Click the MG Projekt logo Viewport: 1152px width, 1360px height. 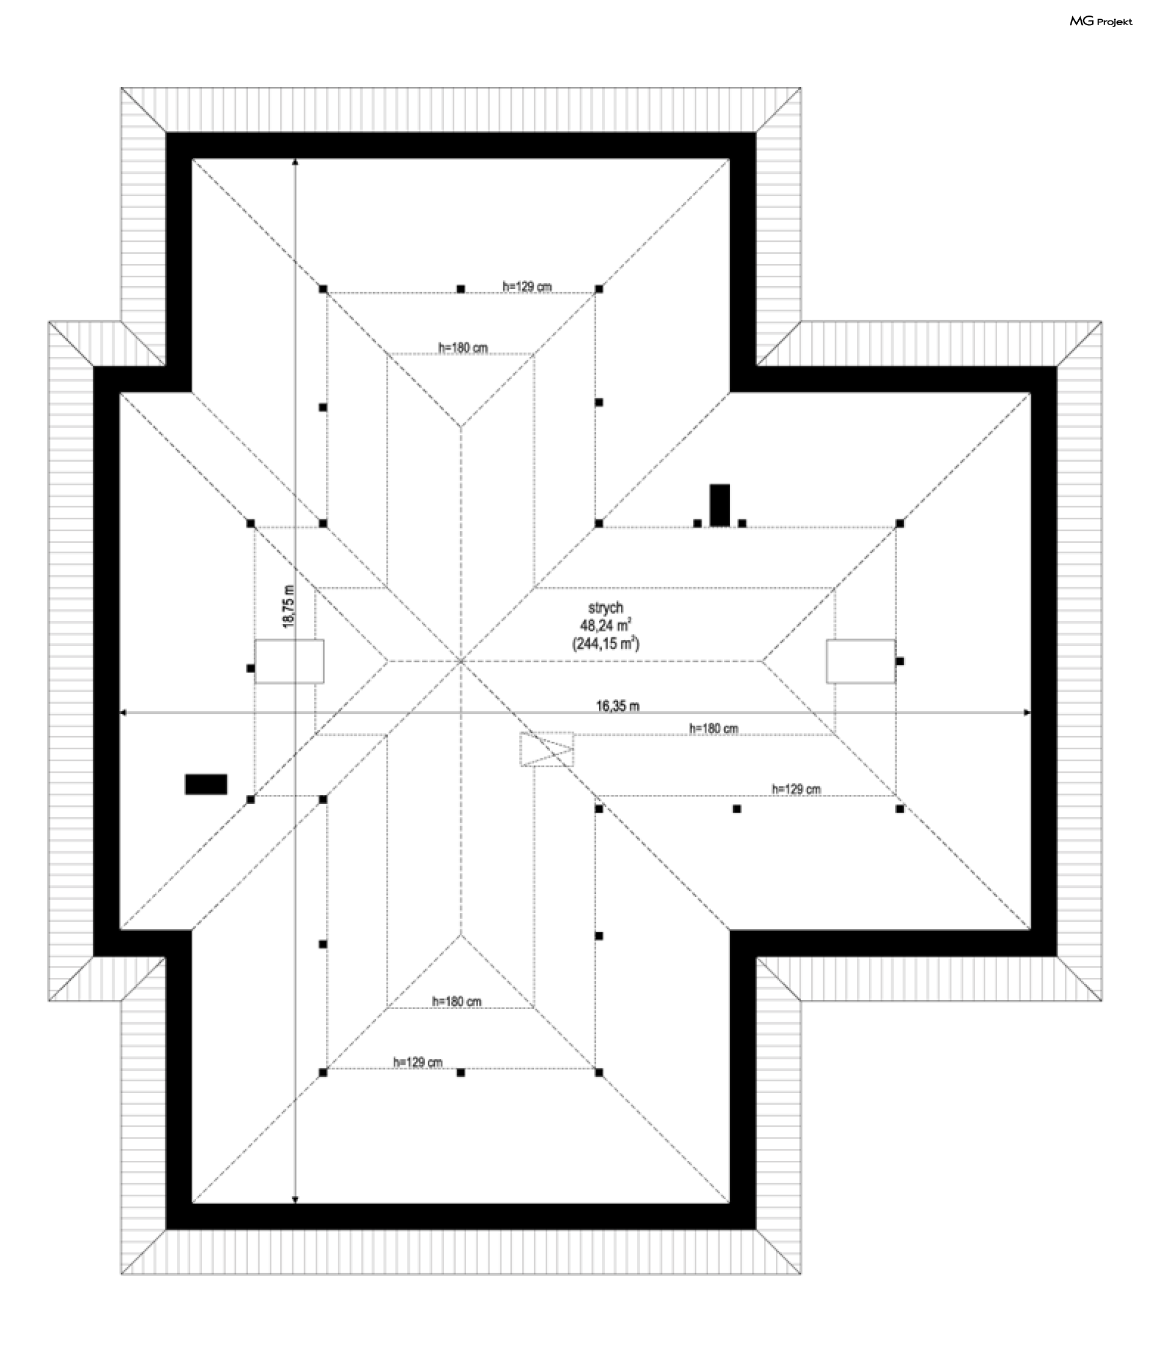tap(1100, 22)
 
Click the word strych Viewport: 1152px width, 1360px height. tap(605, 608)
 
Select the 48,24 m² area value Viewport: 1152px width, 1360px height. tap(605, 626)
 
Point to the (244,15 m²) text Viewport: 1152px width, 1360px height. tap(605, 644)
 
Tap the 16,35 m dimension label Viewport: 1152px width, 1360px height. tap(617, 705)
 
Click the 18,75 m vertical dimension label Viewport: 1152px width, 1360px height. tap(289, 607)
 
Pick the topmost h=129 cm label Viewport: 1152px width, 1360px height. tap(526, 286)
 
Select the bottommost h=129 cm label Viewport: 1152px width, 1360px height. tap(418, 1062)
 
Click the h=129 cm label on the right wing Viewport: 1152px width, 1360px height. tap(796, 789)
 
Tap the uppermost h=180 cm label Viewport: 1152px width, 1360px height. tap(463, 347)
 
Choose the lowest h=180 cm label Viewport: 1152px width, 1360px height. tap(457, 1002)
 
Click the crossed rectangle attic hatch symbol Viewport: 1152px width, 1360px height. tap(547, 749)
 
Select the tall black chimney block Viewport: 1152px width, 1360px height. tap(719, 505)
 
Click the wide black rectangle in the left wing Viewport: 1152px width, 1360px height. tap(206, 784)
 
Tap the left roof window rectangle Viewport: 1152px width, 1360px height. tap(289, 661)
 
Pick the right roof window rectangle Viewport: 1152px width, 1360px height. tap(861, 661)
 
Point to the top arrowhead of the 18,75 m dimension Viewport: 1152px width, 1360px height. tap(296, 161)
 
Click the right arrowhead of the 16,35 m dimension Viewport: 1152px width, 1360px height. tap(1027, 713)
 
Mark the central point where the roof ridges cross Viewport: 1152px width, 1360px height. tap(461, 661)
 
